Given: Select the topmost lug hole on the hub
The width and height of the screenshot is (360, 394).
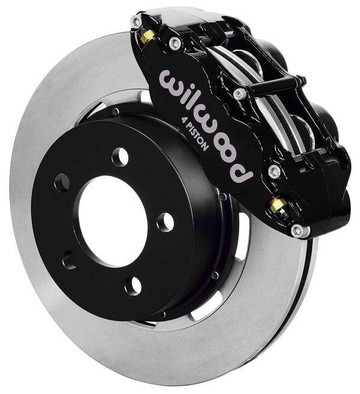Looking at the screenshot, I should pyautogui.click(x=120, y=157).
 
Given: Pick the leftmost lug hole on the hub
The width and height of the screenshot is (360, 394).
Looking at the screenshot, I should pyautogui.click(x=62, y=183).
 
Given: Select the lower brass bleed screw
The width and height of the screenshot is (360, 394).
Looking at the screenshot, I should pyautogui.click(x=278, y=206).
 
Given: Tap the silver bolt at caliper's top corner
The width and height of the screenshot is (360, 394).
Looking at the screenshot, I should pyautogui.click(x=136, y=22).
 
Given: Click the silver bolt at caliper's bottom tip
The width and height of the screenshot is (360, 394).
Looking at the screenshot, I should pyautogui.click(x=296, y=230).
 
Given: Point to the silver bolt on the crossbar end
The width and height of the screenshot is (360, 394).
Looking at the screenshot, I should pyautogui.click(x=240, y=94).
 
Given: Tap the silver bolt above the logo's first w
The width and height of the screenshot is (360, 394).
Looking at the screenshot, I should pyautogui.click(x=175, y=42).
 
